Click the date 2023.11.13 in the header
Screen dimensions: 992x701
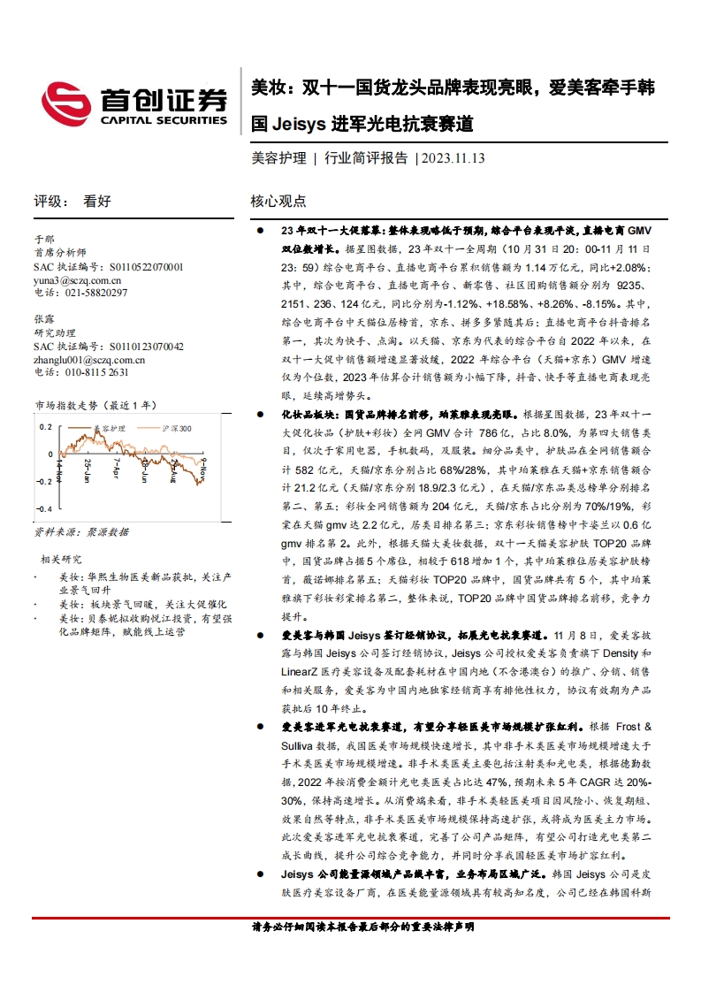point(453,158)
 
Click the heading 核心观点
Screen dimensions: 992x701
point(278,202)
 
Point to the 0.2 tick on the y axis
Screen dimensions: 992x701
point(44,427)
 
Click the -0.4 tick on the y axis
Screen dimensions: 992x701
point(43,510)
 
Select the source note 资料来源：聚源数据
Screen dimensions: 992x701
point(80,531)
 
